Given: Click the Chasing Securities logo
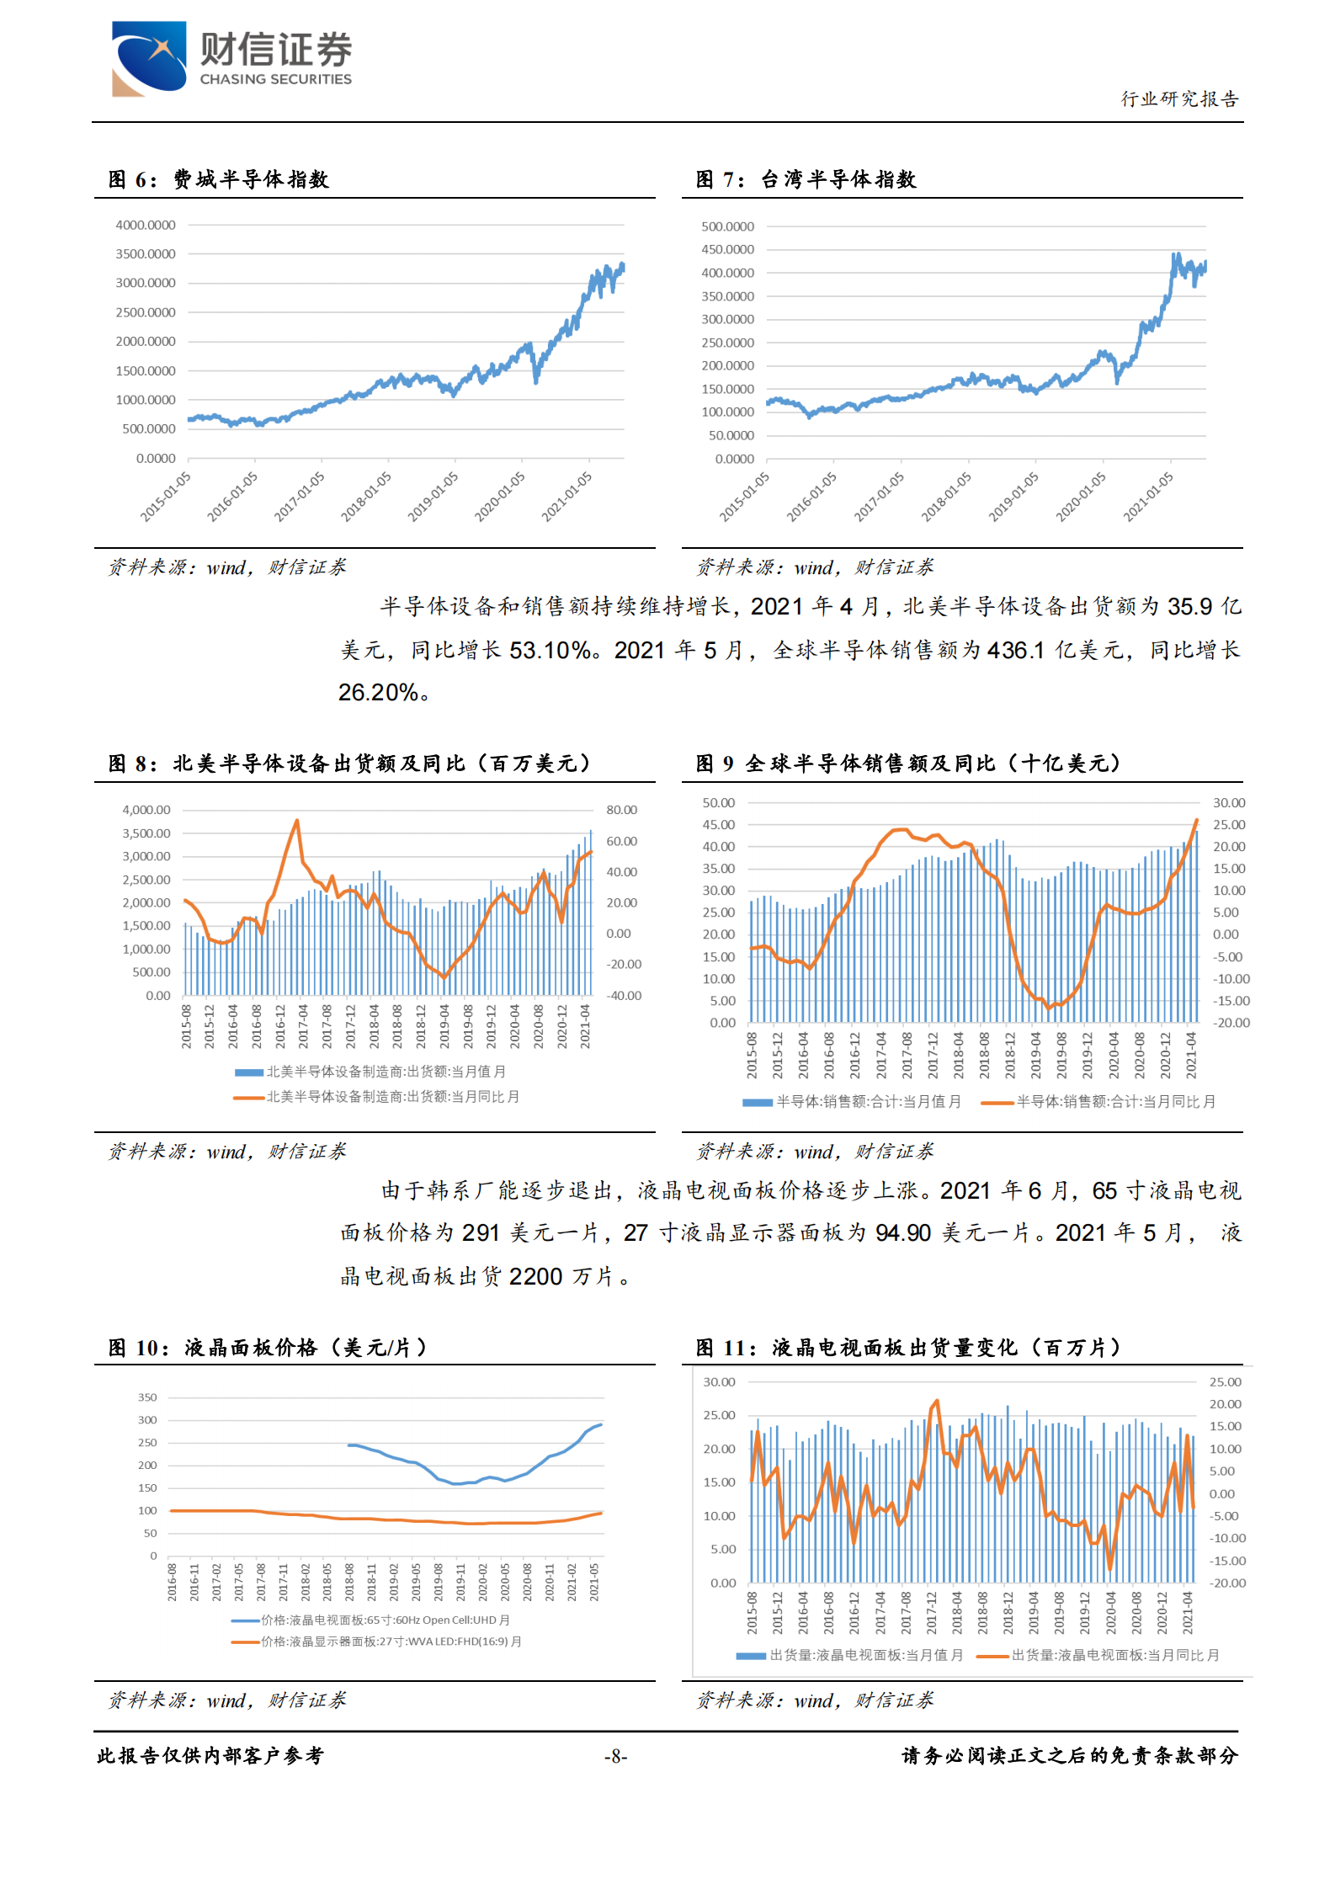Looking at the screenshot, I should (231, 57).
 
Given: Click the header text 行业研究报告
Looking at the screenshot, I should (1178, 99).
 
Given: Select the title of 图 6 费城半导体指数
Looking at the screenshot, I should (218, 179).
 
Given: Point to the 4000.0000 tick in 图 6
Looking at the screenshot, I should (146, 226).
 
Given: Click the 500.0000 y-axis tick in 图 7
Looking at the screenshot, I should (727, 227).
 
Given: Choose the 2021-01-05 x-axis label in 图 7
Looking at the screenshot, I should (1148, 496).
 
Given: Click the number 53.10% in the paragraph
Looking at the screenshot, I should (549, 650).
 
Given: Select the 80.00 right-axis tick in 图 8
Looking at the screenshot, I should (621, 810).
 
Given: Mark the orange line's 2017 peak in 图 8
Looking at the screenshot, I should (296, 821).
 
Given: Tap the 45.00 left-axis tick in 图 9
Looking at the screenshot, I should (718, 825).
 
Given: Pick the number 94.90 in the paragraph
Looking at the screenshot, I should (902, 1233).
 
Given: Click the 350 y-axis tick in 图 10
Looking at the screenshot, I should (147, 1397).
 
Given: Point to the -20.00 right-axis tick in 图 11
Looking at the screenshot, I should (1227, 1583).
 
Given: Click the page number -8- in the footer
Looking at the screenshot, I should (615, 1756).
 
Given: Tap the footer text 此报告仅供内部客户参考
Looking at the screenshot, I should (210, 1756).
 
